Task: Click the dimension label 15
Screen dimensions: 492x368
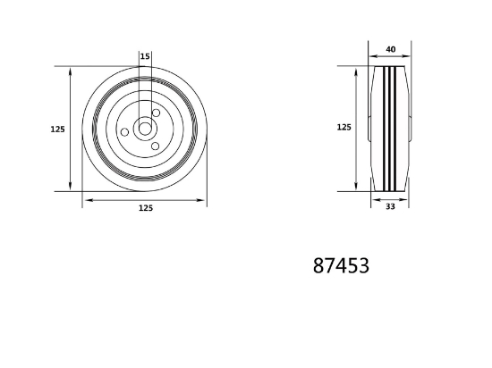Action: [x=145, y=56]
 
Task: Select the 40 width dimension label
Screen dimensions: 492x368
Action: [x=391, y=49]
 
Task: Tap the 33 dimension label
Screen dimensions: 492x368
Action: [x=390, y=206]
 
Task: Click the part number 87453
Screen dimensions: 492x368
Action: [x=341, y=266]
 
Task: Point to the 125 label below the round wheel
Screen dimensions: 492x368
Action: [x=146, y=208]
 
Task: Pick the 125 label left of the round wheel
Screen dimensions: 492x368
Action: [x=58, y=129]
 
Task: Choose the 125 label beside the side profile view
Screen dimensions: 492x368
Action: [x=344, y=127]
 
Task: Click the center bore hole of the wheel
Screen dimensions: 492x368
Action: [x=145, y=129]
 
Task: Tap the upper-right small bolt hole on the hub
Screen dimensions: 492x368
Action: [x=156, y=113]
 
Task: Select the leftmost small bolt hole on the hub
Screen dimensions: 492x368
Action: [x=124, y=132]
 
